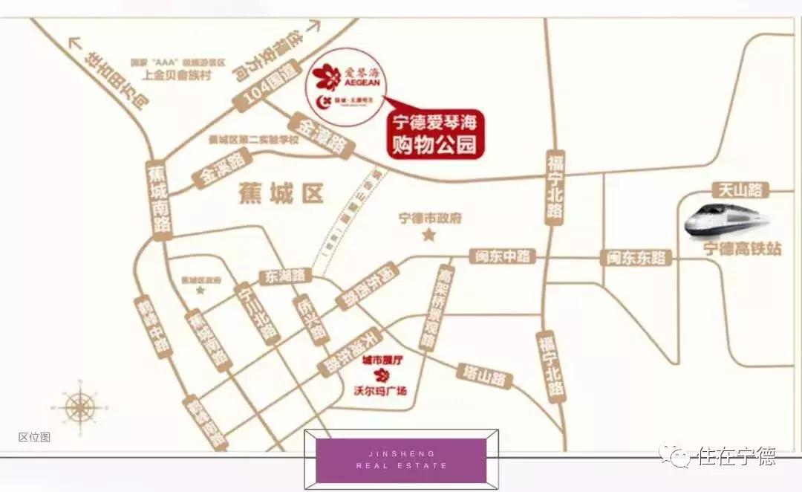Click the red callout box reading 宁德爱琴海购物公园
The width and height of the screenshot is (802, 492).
435,135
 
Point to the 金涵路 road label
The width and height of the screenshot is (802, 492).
321,135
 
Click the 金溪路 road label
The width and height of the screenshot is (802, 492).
221,169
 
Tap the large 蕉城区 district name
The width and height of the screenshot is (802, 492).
281,194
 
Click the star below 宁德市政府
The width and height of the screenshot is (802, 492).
428,236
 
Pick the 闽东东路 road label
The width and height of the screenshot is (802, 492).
636,258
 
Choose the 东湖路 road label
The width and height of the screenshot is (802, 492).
283,276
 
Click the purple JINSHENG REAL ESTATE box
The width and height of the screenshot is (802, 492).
401,459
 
